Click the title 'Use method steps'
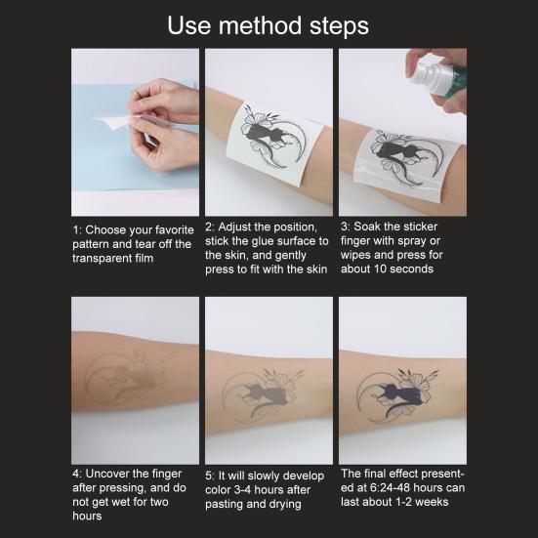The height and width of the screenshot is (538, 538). (269, 24)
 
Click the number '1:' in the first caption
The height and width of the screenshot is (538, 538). (77, 230)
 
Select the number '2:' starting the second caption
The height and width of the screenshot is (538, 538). (211, 227)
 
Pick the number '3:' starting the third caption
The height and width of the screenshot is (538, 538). (345, 227)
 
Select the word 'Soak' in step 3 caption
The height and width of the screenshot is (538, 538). (370, 227)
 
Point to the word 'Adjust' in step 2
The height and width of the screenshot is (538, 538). (240, 227)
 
